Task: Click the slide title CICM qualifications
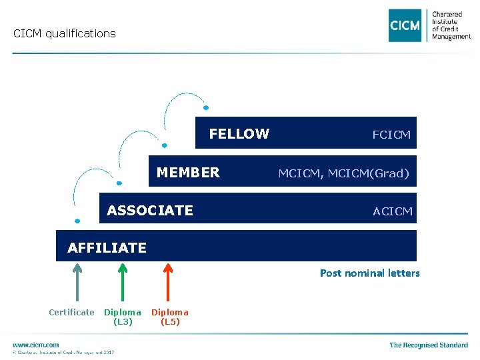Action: click(65, 33)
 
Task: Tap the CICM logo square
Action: click(405, 25)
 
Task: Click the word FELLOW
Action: click(239, 134)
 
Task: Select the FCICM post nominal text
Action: click(391, 135)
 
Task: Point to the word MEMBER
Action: click(188, 173)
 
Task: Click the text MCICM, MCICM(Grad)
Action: click(343, 173)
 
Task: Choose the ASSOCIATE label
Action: click(150, 211)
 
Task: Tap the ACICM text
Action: click(393, 211)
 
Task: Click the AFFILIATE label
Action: click(107, 248)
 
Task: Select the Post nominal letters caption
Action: click(370, 273)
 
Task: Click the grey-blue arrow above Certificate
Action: click(77, 283)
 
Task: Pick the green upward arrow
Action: click(122, 283)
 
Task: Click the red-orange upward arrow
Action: click(168, 283)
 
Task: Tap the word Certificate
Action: click(71, 312)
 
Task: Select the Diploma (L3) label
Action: click(123, 317)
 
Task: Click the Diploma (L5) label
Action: click(170, 317)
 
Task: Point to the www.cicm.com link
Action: click(35, 345)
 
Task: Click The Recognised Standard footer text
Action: click(429, 345)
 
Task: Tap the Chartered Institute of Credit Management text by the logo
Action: click(451, 25)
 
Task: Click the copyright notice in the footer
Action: click(63, 352)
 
